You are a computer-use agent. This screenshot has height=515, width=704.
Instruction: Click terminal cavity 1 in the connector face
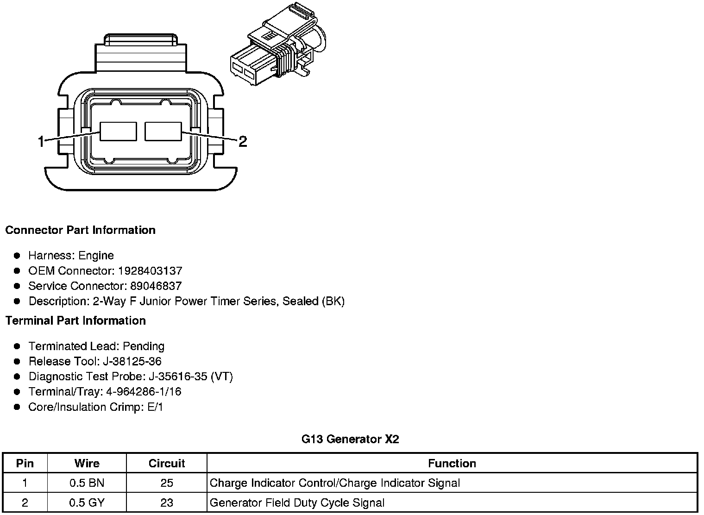coord(119,131)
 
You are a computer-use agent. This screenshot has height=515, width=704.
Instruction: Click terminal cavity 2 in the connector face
coord(163,131)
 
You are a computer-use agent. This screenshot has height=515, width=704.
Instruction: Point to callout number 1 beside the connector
coord(41,141)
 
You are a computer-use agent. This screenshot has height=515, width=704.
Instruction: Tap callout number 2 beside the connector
coord(243,141)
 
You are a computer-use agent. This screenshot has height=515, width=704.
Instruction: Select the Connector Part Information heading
coord(80,230)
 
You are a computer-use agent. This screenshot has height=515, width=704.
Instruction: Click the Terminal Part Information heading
coord(75,320)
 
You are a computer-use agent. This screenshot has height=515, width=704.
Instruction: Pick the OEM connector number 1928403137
coord(150,270)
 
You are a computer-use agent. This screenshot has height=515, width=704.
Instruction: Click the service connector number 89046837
coord(156,286)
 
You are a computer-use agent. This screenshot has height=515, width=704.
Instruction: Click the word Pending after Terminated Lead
coord(144,346)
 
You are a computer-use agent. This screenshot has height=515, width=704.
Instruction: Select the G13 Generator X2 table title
coord(350,439)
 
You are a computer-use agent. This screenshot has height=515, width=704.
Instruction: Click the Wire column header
coord(87,463)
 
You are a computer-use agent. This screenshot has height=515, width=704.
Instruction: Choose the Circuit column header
coord(167,463)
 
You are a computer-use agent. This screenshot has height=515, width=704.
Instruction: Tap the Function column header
coord(452,463)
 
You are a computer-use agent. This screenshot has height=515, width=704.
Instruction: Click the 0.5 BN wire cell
coord(87,483)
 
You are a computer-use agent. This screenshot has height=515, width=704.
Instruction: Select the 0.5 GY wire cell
coord(87,502)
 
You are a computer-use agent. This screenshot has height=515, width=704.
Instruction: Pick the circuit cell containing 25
coord(167,483)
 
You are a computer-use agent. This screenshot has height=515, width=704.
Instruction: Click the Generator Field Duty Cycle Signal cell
coord(297,502)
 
